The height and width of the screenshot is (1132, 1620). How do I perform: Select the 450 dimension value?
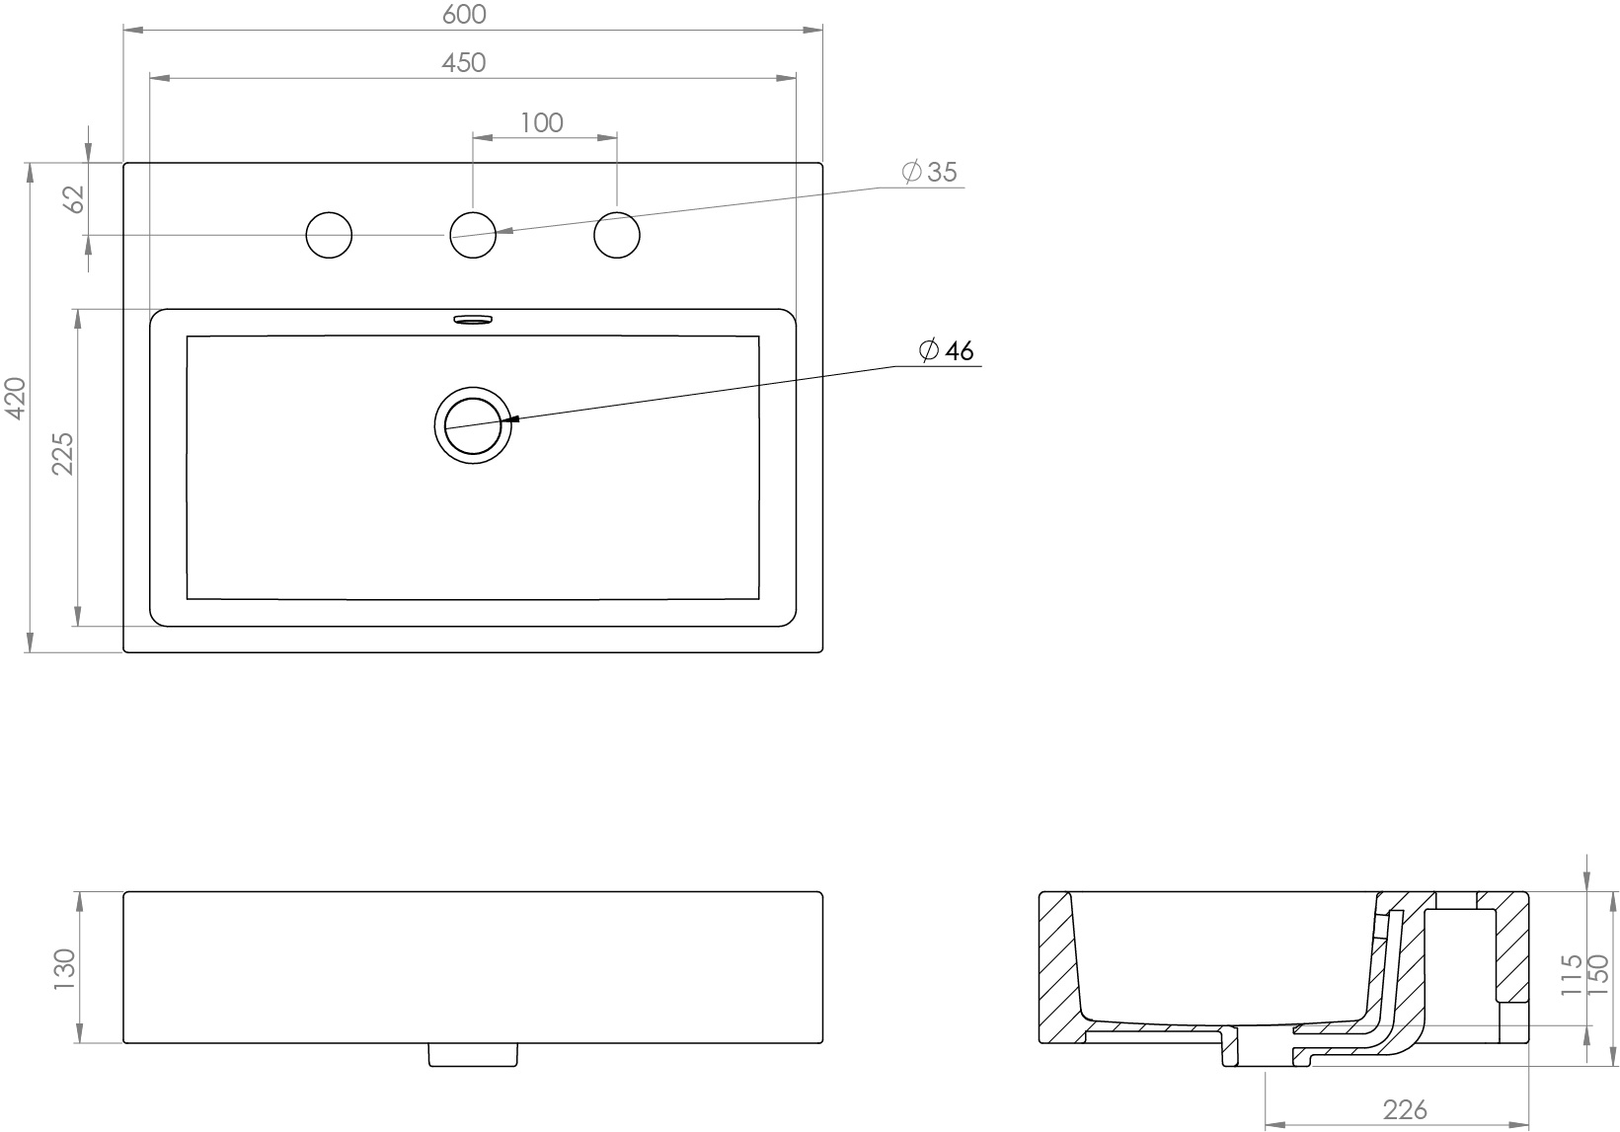pos(463,62)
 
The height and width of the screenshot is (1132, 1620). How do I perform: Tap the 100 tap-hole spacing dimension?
pos(541,122)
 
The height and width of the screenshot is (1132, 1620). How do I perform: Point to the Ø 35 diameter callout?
pos(930,172)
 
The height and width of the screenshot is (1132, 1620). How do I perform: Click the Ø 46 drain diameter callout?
pos(946,350)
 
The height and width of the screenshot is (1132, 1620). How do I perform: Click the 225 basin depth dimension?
pos(63,453)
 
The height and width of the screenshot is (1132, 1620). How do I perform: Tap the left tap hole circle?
pos(329,235)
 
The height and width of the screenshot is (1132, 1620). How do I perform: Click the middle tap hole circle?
pos(473,235)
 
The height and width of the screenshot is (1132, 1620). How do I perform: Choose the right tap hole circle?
pos(617,235)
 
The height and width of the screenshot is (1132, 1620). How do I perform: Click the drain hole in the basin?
pos(473,424)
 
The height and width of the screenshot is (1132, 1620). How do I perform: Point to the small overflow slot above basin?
pos(472,319)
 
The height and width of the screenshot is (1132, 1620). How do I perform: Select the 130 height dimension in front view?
pos(64,968)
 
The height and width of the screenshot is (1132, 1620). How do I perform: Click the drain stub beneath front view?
pos(472,1055)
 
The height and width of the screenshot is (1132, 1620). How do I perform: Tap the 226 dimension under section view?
pos(1404,1109)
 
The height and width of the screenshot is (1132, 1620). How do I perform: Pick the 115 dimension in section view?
pos(1573,974)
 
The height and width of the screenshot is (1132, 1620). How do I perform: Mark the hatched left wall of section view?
pos(1058,967)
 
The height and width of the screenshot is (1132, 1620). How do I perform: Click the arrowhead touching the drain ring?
pos(509,419)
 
